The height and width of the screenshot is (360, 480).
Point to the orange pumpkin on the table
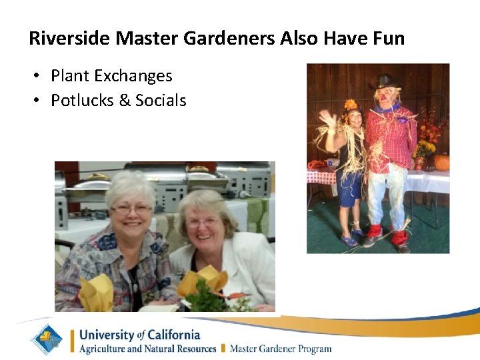click(441, 163)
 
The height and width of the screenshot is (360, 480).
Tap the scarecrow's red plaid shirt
click(391, 137)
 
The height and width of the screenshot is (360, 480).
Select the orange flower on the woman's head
click(351, 105)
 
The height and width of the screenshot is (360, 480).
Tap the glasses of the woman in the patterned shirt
click(131, 209)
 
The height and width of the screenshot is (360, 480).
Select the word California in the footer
click(170, 335)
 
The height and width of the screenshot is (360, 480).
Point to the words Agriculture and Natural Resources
click(147, 349)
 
